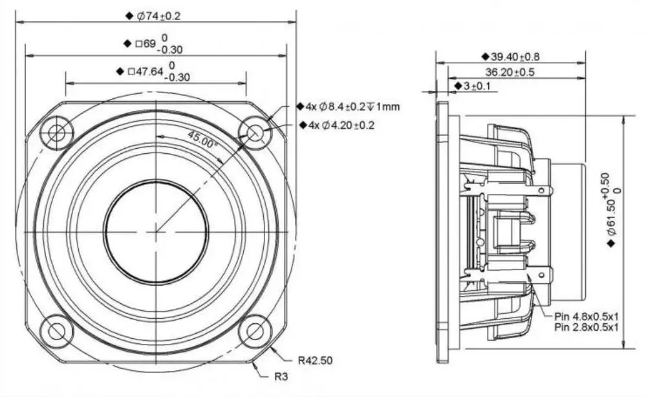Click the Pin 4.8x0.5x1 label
click(x=587, y=316)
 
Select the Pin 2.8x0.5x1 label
click(x=587, y=327)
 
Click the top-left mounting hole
click(x=57, y=134)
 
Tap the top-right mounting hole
click(x=254, y=133)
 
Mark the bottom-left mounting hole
click(x=57, y=330)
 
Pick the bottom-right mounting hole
click(x=254, y=330)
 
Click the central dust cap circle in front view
click(x=156, y=231)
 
